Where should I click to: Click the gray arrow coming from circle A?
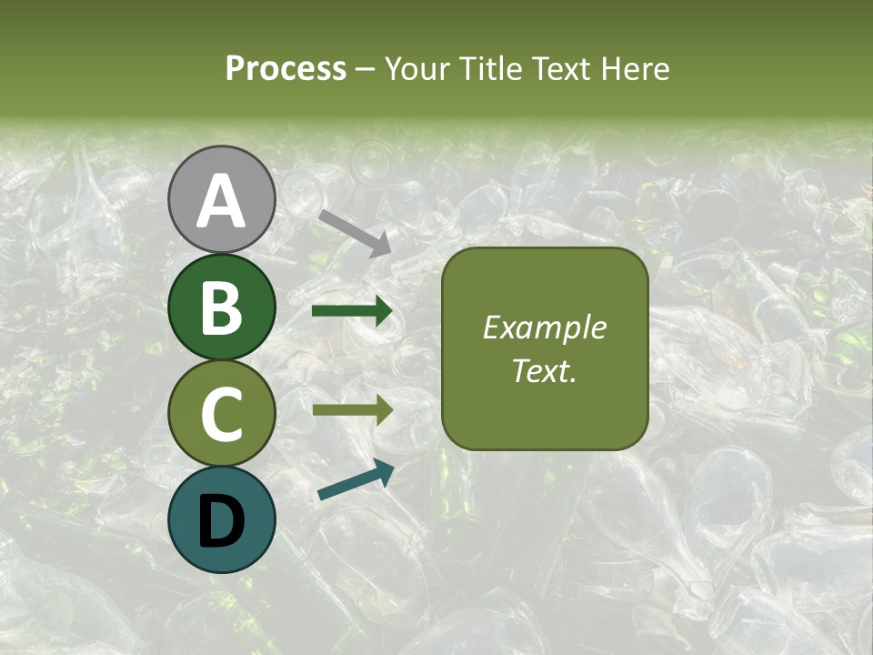(x=355, y=231)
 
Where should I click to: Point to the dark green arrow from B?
(x=351, y=312)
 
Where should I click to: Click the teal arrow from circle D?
(x=355, y=480)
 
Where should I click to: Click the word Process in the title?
(x=286, y=68)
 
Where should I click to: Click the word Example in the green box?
(x=544, y=327)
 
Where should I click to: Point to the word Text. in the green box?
(x=544, y=370)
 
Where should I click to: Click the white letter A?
(x=221, y=201)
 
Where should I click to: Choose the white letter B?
(x=221, y=307)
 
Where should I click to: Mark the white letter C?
(x=221, y=414)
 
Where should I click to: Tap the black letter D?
(x=221, y=520)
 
